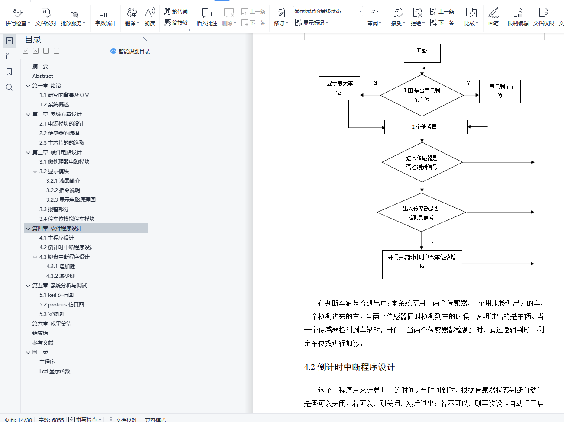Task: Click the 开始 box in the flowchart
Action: tap(422, 53)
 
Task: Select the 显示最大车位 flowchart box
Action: tap(339, 88)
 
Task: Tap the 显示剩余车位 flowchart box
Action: tap(500, 91)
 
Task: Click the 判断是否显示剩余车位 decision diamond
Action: tap(422, 95)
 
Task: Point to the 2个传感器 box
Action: tap(426, 127)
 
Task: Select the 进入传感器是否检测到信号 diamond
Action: tap(422, 162)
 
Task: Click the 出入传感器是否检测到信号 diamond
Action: tap(421, 213)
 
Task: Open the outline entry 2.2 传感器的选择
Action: tap(59, 133)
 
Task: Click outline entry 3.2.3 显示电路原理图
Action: tap(71, 200)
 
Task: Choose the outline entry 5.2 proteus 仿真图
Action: tap(61, 305)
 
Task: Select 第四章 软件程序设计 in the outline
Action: tap(57, 229)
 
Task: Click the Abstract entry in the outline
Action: tap(42, 76)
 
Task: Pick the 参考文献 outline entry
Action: tap(43, 343)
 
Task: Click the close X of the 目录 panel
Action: tap(145, 39)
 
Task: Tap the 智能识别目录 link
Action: tap(130, 51)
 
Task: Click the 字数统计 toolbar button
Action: tap(105, 17)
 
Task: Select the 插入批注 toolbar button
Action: tap(206, 17)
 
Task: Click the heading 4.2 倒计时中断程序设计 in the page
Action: tap(349, 367)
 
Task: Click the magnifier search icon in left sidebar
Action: tap(9, 87)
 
